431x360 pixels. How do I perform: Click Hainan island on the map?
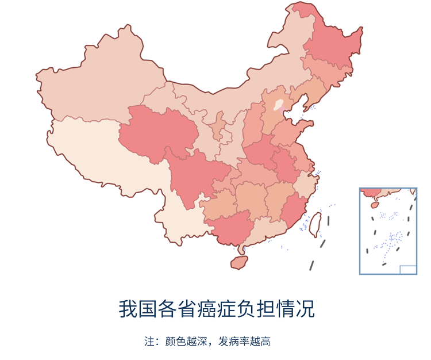point(239,262)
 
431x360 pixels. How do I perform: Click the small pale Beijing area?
point(279,105)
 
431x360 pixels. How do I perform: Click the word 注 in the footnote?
point(148,342)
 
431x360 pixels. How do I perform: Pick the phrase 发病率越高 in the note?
point(247,342)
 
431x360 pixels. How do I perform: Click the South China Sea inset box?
point(388,231)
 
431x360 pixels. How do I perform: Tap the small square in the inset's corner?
point(407,270)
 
